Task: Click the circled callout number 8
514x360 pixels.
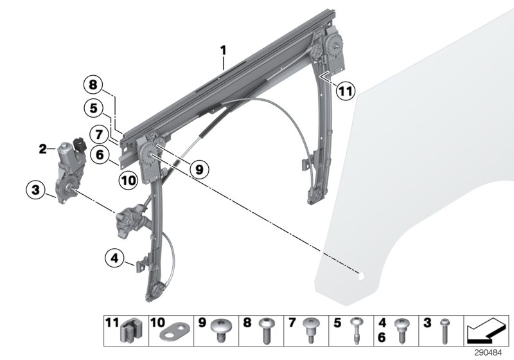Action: (93, 85)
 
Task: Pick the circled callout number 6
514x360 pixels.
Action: (98, 154)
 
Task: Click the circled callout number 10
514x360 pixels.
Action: (128, 181)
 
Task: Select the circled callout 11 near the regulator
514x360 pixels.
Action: (346, 91)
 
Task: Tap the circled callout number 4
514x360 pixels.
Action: (114, 260)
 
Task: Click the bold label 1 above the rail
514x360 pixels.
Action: (223, 50)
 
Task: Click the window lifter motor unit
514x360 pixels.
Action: (69, 167)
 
